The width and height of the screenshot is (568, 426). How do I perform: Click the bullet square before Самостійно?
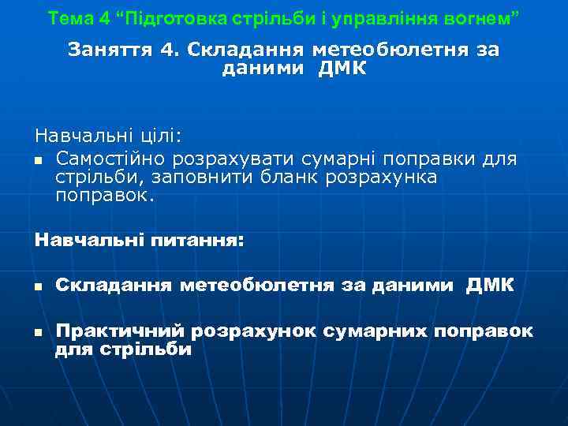39,161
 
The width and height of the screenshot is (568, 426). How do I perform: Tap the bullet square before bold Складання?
39,286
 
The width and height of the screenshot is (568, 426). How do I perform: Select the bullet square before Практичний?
39,333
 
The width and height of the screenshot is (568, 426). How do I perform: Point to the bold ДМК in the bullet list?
489,285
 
